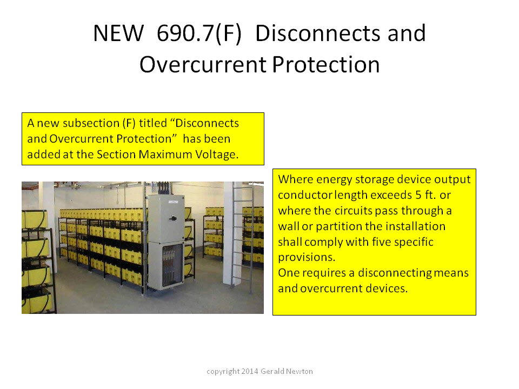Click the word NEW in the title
coord(118,33)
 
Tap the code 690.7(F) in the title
coord(199,33)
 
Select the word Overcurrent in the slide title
coord(203,64)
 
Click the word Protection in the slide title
coord(326,64)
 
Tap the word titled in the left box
coord(153,123)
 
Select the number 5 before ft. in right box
coord(418,195)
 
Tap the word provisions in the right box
coord(307,257)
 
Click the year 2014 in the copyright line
coord(250,372)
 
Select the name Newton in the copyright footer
coord(300,372)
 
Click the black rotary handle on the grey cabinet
coord(172,218)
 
